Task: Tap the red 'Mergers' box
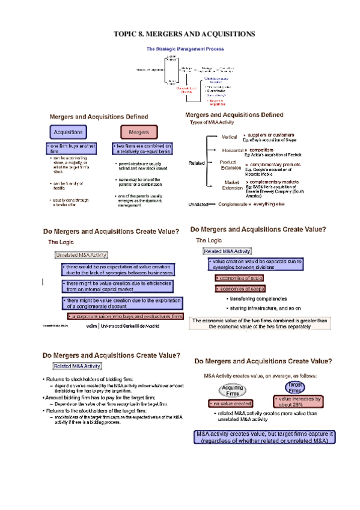(139, 131)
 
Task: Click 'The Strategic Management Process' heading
(185, 48)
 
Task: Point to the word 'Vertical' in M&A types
(229, 137)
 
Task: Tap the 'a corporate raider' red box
(125, 316)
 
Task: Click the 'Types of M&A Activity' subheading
(216, 122)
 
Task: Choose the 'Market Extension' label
(231, 185)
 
